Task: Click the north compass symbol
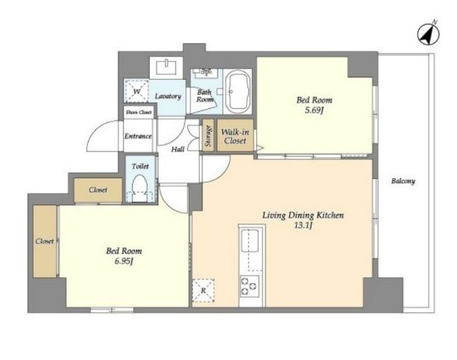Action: (429, 33)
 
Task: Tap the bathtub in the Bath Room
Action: (239, 92)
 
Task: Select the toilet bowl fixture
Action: (140, 188)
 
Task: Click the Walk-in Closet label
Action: (235, 136)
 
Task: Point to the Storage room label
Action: (208, 136)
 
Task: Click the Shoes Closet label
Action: (139, 112)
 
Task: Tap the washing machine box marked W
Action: (136, 91)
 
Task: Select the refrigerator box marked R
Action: (204, 291)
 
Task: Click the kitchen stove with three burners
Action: (250, 285)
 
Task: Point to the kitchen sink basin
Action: (250, 241)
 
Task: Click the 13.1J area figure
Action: (303, 226)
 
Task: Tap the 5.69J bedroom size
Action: (315, 110)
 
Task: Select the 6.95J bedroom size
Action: (124, 261)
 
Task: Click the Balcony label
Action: (403, 181)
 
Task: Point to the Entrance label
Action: (138, 136)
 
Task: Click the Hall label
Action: (177, 150)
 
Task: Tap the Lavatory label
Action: (168, 96)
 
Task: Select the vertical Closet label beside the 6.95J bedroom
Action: (45, 241)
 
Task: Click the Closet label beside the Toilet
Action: (98, 190)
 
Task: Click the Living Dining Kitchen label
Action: (303, 215)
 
